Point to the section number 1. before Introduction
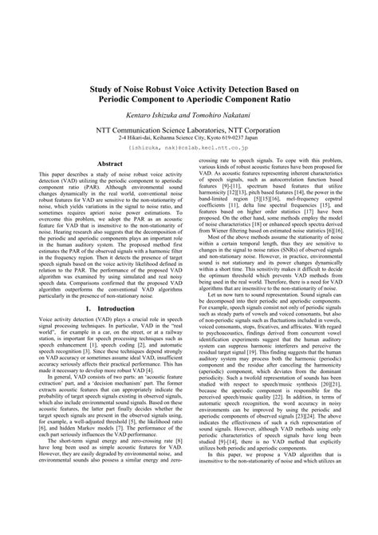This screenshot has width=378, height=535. click(x=88, y=307)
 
